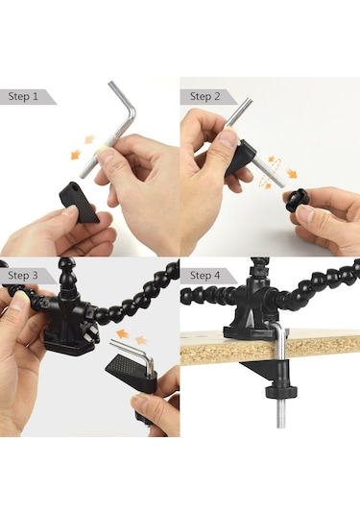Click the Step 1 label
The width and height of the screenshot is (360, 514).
(x=23, y=97)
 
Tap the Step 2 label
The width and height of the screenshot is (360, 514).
(x=205, y=97)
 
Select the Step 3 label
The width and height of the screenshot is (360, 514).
(x=23, y=276)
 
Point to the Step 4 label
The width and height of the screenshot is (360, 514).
(x=205, y=276)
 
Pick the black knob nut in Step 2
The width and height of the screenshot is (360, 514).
(x=296, y=200)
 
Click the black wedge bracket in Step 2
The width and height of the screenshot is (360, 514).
(x=240, y=158)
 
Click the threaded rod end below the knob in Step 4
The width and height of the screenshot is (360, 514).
(x=281, y=412)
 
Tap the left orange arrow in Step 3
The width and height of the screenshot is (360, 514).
(x=122, y=334)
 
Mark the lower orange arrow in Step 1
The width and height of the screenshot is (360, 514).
(x=76, y=154)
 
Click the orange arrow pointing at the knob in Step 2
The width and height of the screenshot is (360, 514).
(x=291, y=173)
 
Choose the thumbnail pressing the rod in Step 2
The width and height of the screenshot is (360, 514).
(x=228, y=138)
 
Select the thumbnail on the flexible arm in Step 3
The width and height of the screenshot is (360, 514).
(x=19, y=302)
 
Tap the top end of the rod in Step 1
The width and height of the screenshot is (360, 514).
(x=111, y=85)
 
